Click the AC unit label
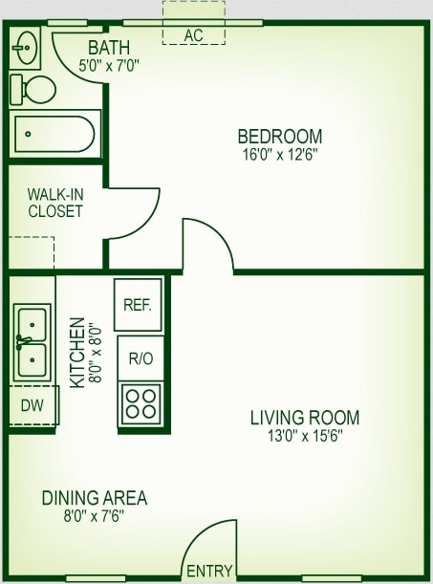(194, 35)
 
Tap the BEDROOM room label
(279, 136)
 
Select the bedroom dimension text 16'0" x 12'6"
(279, 153)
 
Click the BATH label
(108, 48)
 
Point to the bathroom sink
(26, 46)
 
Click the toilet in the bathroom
(33, 90)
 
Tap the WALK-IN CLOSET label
(54, 202)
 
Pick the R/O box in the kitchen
(141, 358)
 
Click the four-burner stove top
(141, 403)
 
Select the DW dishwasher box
(32, 405)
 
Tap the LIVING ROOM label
(305, 418)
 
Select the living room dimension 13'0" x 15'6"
(305, 435)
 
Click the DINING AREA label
(94, 498)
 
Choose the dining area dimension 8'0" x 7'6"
(94, 515)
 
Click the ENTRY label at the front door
(209, 571)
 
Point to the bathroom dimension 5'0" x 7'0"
(109, 65)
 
